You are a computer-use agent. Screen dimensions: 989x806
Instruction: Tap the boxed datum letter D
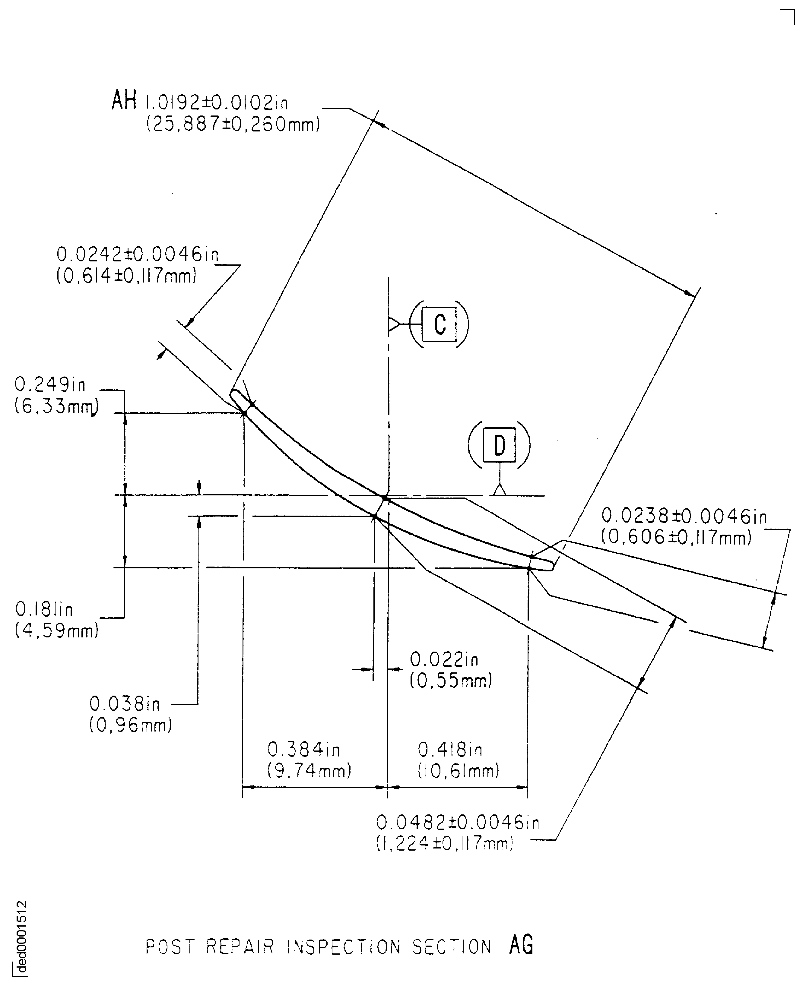coord(499,445)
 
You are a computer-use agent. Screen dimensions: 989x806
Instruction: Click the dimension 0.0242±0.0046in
coord(138,254)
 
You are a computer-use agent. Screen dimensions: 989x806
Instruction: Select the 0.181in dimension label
coord(44,609)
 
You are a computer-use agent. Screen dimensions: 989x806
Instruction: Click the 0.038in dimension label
coord(124,704)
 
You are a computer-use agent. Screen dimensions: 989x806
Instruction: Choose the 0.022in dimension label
coord(444,659)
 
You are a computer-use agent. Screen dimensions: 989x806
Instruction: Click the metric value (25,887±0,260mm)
coord(233,125)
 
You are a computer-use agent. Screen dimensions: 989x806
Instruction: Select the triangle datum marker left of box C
coord(394,324)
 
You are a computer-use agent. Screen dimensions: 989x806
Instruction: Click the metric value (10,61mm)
coord(458,771)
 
